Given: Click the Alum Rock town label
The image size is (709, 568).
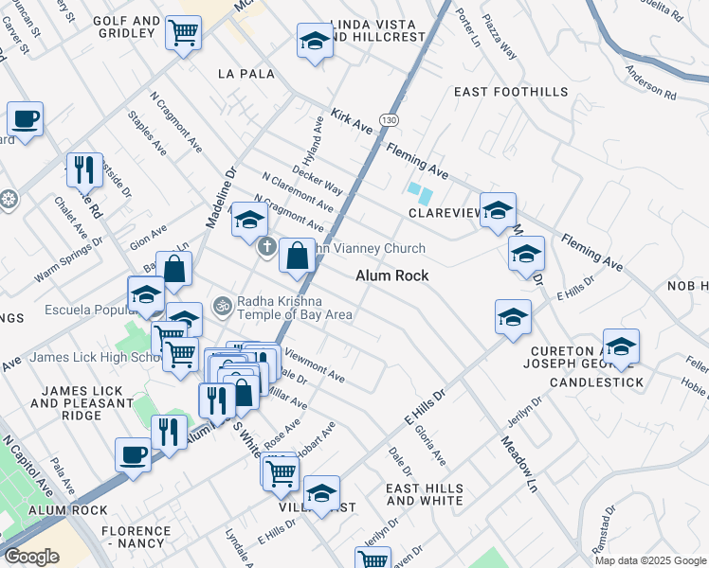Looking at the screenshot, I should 392,275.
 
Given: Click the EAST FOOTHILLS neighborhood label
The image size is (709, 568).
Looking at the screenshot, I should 511,92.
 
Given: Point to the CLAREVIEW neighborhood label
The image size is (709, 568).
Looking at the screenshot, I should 445,213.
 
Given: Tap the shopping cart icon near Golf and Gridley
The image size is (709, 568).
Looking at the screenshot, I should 183,33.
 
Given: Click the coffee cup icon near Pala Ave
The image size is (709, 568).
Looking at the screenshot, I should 133,453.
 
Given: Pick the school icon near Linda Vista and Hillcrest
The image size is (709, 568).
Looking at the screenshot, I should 315,41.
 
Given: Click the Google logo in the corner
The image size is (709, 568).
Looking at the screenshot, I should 31,557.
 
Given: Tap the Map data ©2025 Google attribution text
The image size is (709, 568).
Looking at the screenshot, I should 650,560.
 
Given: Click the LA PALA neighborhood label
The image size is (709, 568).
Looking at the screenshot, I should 245,73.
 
